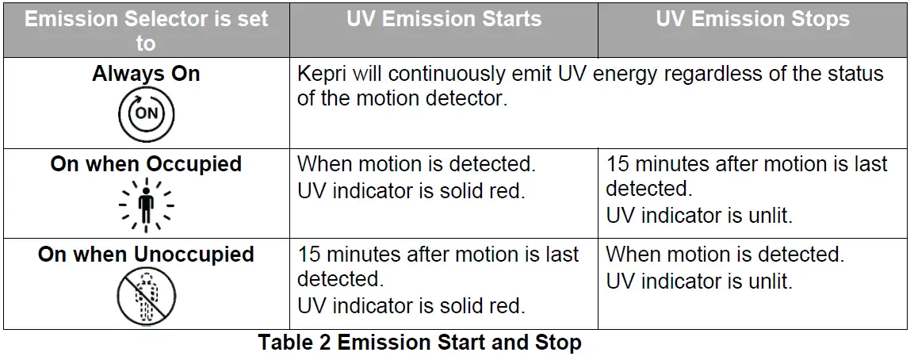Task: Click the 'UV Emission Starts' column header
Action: (x=443, y=20)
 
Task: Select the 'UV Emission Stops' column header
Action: (x=752, y=20)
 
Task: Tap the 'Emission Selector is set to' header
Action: (x=146, y=30)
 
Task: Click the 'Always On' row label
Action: (x=146, y=75)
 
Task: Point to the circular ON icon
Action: (x=146, y=113)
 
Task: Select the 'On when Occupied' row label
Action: (x=146, y=164)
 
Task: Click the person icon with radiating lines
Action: (x=146, y=205)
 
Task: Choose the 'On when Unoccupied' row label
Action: (x=146, y=255)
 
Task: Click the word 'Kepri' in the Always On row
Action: (x=320, y=75)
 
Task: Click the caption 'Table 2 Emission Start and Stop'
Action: (x=420, y=343)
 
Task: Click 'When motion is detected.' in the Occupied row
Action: (x=416, y=165)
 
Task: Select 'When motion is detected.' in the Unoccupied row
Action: (x=725, y=255)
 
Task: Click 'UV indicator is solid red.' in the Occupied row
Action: (x=411, y=191)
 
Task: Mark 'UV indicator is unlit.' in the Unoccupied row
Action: (x=699, y=281)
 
